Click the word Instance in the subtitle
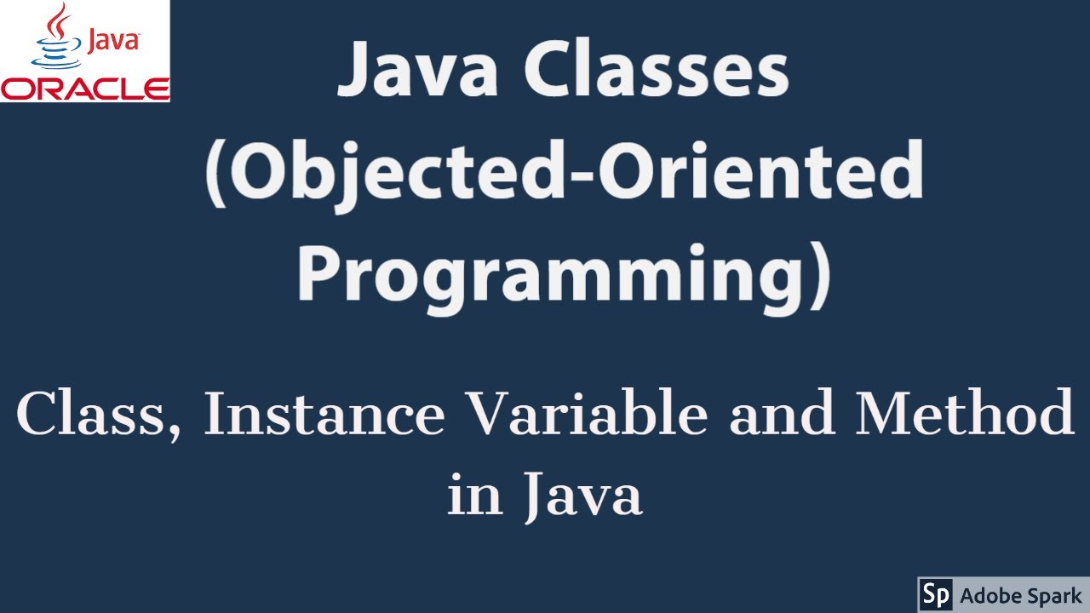click(x=324, y=415)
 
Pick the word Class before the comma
click(x=94, y=415)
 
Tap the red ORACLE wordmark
click(x=85, y=89)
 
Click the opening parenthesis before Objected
click(x=215, y=175)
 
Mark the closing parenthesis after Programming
click(x=818, y=274)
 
